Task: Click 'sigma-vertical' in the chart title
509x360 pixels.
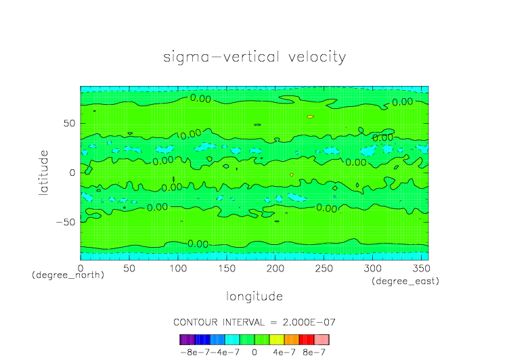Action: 214,57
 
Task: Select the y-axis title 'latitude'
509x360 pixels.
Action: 44,173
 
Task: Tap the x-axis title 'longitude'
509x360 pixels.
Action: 255,296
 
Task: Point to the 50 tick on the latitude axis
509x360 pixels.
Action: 68,124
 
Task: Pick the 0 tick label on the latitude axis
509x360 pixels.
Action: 72,173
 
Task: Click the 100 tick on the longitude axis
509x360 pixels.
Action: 177,269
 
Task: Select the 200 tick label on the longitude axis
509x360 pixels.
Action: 275,269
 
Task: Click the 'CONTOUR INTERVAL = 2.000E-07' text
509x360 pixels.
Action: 255,321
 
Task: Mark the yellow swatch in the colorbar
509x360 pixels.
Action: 277,340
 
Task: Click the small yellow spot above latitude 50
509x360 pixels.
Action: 310,116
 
